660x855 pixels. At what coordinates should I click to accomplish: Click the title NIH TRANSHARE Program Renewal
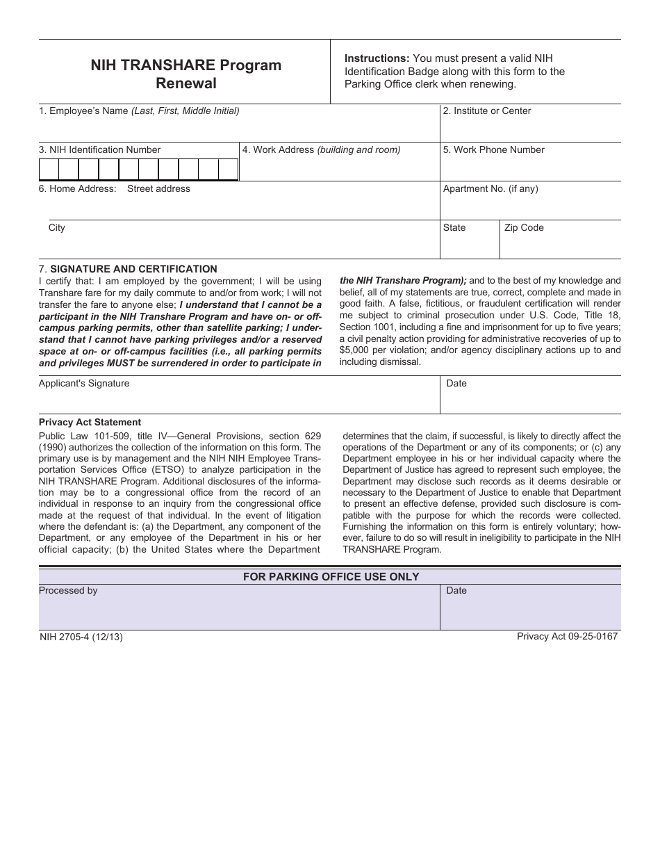185,74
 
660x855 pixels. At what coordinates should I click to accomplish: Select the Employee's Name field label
139,111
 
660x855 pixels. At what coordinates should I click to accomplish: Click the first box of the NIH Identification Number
49,170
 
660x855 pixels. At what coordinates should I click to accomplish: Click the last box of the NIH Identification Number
228,170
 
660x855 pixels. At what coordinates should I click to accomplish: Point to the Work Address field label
321,149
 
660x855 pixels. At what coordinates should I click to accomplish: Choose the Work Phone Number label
493,149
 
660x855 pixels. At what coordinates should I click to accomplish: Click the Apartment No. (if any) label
490,188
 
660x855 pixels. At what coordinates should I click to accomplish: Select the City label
57,227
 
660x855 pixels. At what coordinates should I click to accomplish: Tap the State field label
454,227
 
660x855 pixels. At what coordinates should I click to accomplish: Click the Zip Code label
524,227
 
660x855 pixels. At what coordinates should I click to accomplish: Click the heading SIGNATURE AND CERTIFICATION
133,269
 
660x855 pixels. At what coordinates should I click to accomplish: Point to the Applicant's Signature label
84,383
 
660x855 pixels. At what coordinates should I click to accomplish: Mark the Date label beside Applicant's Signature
456,383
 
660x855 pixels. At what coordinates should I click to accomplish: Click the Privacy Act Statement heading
90,422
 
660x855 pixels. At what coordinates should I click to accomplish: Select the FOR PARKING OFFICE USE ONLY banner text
331,576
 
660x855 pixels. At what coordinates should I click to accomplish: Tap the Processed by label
68,590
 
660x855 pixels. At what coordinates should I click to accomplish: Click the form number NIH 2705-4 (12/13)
81,636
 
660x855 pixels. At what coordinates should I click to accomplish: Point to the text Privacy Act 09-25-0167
567,636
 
